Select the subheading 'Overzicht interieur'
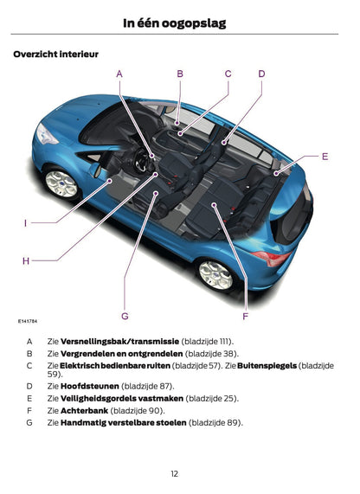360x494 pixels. (x=55, y=55)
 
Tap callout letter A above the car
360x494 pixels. (x=119, y=74)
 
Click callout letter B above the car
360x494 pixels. (x=180, y=74)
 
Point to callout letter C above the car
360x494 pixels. (x=228, y=74)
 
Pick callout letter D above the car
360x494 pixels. (x=261, y=74)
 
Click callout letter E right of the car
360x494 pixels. (x=325, y=157)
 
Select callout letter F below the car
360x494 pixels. (x=246, y=317)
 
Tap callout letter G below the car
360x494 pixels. (x=125, y=317)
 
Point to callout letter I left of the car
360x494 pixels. (x=25, y=223)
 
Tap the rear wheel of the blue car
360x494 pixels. (x=215, y=274)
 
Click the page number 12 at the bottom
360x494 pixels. (x=174, y=473)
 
